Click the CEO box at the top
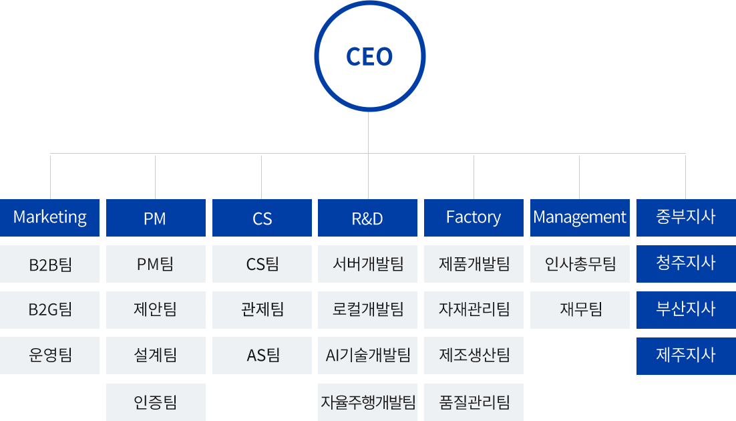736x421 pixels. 369,56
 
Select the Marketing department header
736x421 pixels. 50,218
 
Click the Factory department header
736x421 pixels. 474,218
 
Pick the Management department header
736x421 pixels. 579,218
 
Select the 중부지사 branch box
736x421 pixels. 685,218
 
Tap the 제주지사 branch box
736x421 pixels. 685,355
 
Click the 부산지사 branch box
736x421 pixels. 685,309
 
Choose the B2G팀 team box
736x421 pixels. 50,309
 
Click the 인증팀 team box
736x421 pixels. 155,402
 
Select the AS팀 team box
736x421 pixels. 262,355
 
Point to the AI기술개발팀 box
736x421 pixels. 367,355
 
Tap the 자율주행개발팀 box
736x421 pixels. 367,402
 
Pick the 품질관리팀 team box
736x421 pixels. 474,402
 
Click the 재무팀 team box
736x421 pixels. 579,309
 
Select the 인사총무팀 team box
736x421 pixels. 579,264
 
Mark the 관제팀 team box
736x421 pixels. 262,309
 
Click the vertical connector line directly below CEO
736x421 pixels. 369,133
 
